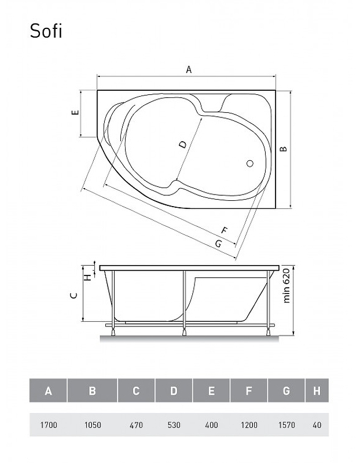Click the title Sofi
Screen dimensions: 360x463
click(46, 31)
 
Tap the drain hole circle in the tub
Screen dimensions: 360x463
click(250, 163)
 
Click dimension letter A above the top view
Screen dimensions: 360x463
click(189, 69)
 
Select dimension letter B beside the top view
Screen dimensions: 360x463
click(284, 149)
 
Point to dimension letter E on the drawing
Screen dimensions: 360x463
click(76, 112)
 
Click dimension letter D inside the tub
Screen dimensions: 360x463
click(183, 144)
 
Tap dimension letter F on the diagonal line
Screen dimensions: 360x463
click(225, 230)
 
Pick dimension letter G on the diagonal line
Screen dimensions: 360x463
click(218, 244)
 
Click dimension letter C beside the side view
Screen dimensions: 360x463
click(75, 295)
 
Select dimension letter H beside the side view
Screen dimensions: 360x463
click(88, 278)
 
